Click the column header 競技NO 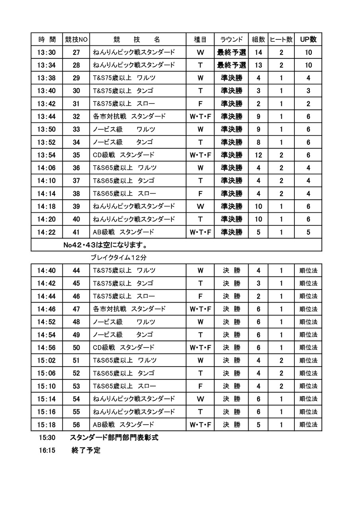pyautogui.click(x=76, y=39)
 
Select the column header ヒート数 pyautogui.click(x=281, y=39)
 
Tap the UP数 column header pyautogui.click(x=308, y=39)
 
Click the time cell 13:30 pyautogui.click(x=47, y=52)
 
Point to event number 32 pyautogui.click(x=76, y=117)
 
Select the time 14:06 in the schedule pyautogui.click(x=47, y=168)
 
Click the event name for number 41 pyautogui.click(x=123, y=232)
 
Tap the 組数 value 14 pyautogui.click(x=259, y=52)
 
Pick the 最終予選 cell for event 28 pyautogui.click(x=232, y=65)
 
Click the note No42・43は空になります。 pyautogui.click(x=105, y=245)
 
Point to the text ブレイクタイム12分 pyautogui.click(x=119, y=257)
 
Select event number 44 pyautogui.click(x=76, y=270)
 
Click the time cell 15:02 pyautogui.click(x=47, y=360)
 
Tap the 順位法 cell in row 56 pyautogui.click(x=308, y=425)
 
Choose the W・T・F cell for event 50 pyautogui.click(x=200, y=348)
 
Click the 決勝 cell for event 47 pyautogui.click(x=232, y=309)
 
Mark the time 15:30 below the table pyautogui.click(x=47, y=438)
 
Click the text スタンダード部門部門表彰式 pyautogui.click(x=114, y=438)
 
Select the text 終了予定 pyautogui.click(x=86, y=451)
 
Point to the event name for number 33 pyautogui.click(x=124, y=129)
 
